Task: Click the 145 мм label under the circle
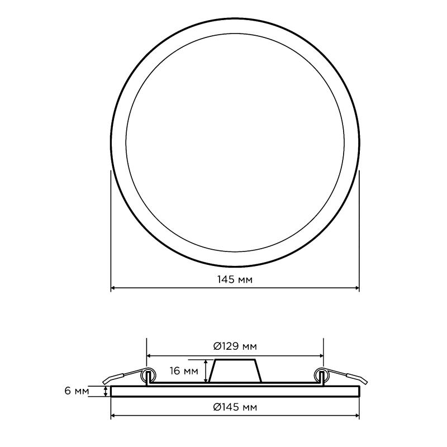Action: point(235,279)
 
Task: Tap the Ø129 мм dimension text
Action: point(235,346)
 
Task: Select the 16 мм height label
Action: point(184,371)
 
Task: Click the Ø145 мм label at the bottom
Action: point(235,407)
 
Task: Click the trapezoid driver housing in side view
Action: point(235,370)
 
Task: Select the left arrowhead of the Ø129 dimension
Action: point(148,356)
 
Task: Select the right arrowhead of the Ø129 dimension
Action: point(322,356)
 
